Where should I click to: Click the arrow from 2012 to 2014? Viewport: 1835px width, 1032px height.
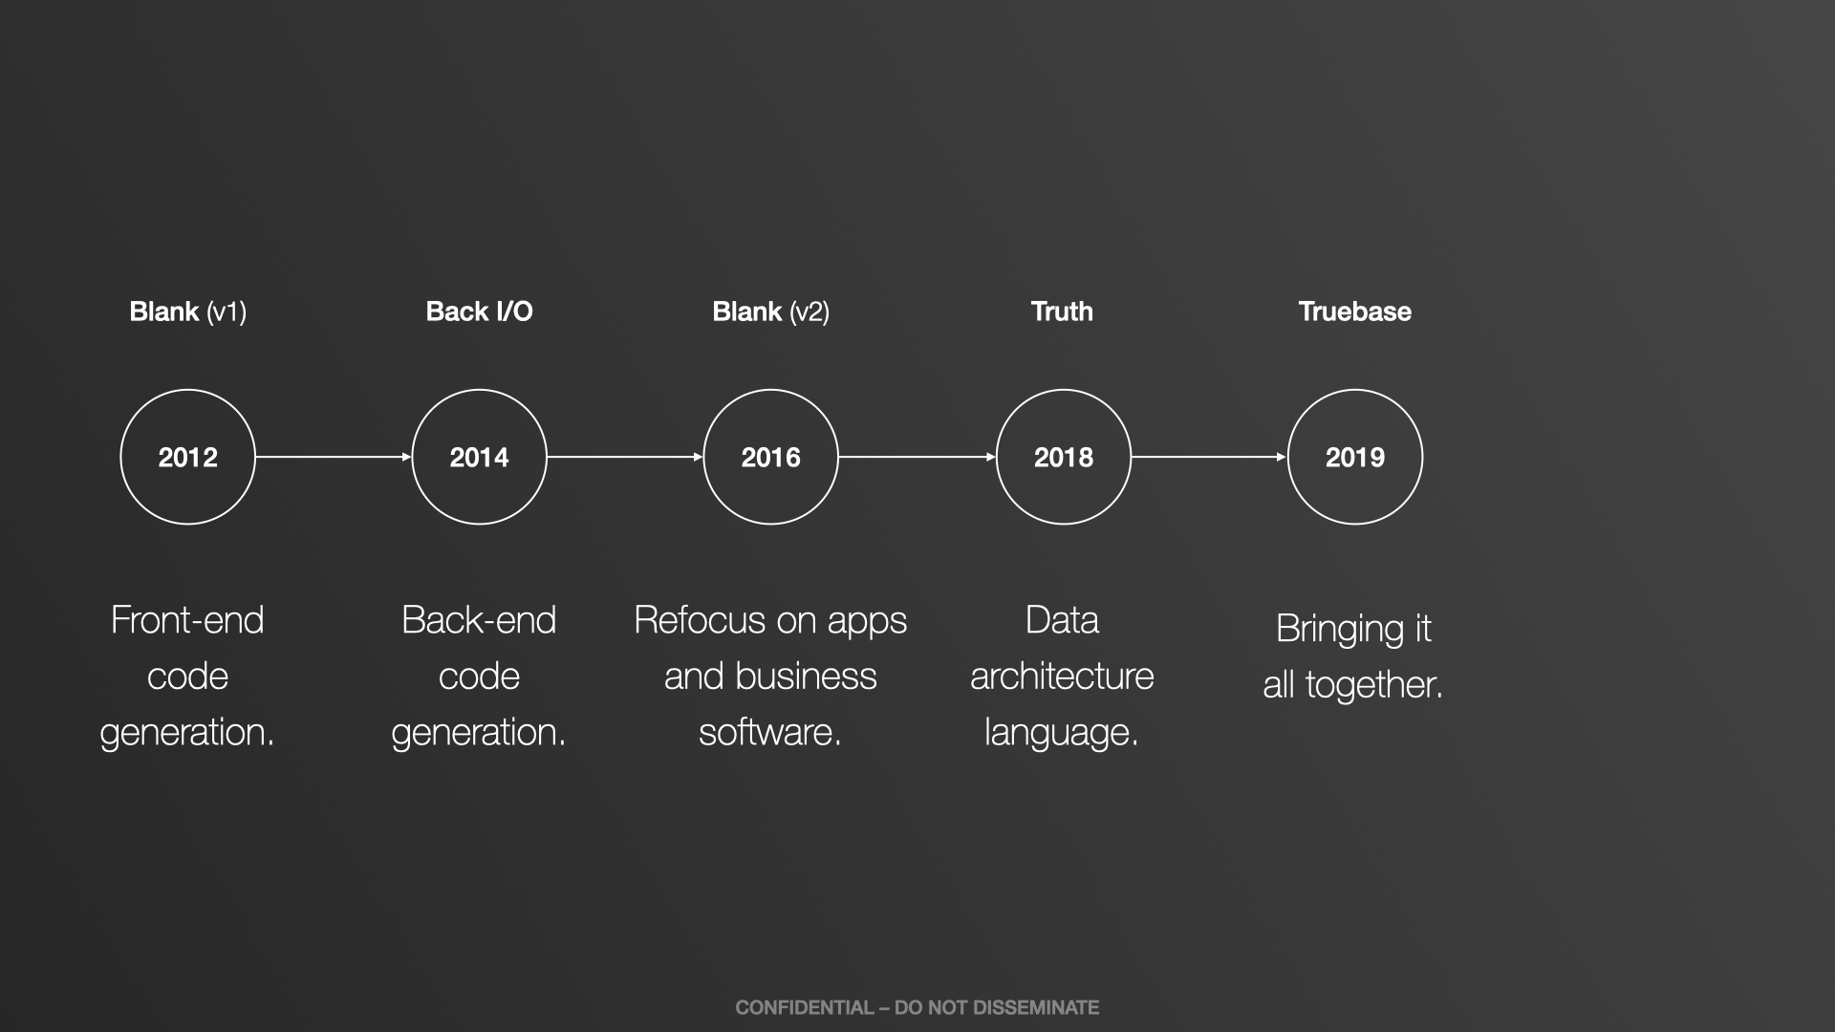click(x=334, y=457)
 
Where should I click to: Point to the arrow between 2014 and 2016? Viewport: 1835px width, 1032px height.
click(x=625, y=457)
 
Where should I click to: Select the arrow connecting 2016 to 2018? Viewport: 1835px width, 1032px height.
click(x=917, y=457)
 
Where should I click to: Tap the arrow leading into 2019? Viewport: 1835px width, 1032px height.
click(x=1209, y=457)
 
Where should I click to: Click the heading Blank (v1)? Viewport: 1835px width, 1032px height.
click(x=187, y=312)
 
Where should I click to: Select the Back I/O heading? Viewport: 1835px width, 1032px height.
click(x=479, y=312)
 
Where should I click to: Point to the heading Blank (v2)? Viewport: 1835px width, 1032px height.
click(x=770, y=312)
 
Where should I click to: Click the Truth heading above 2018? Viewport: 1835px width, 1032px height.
click(x=1062, y=312)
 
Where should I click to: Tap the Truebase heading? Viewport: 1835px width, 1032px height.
click(x=1354, y=312)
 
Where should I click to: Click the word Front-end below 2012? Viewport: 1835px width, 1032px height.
click(x=187, y=620)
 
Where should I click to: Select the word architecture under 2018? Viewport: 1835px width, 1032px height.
click(x=1062, y=677)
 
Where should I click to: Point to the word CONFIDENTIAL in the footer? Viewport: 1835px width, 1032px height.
click(x=804, y=1007)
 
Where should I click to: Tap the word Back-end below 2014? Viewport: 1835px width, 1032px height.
click(x=479, y=620)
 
